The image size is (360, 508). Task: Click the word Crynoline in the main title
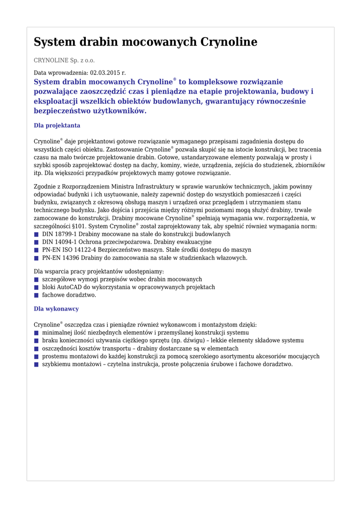click(x=228, y=42)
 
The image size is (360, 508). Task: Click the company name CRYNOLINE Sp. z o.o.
click(x=64, y=61)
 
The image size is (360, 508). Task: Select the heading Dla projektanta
click(x=57, y=126)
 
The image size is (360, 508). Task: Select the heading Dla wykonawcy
click(x=56, y=309)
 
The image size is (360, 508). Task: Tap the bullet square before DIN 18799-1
click(x=36, y=234)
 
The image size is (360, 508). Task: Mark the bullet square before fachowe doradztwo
click(x=36, y=295)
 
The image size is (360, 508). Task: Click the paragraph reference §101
click(x=79, y=226)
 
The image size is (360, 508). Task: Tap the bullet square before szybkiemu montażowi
click(x=36, y=365)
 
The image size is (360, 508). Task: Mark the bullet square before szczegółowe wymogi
click(x=36, y=279)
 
